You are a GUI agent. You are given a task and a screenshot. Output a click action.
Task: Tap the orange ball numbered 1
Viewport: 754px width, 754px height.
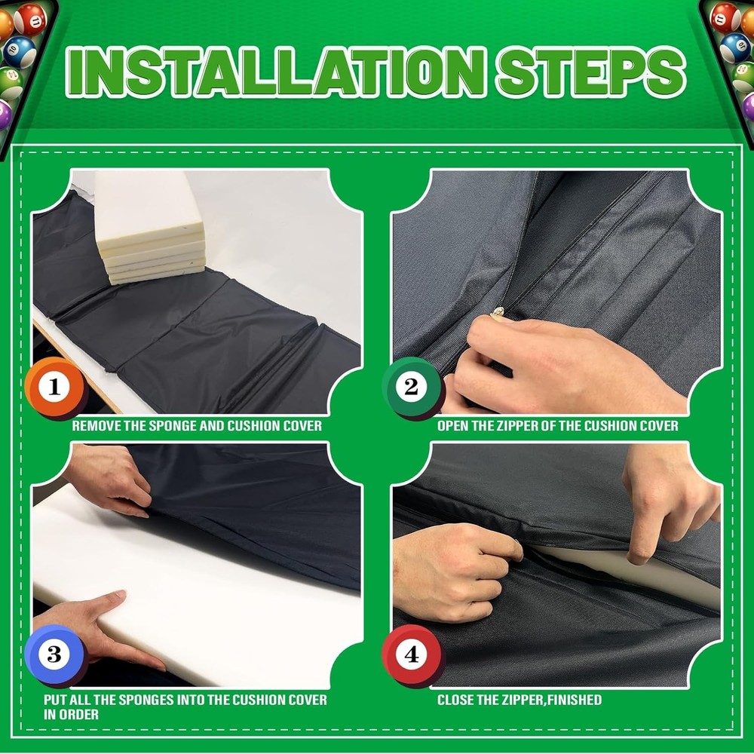pos(54,388)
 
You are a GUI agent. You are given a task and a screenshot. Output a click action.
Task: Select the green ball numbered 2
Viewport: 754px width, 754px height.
pos(411,388)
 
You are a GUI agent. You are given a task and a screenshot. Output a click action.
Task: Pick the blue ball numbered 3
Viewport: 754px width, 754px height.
pos(54,654)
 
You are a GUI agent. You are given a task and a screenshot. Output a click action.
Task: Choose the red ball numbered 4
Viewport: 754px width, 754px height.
pos(411,654)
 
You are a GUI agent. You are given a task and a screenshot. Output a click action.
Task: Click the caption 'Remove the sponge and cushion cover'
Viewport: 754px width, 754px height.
pos(197,426)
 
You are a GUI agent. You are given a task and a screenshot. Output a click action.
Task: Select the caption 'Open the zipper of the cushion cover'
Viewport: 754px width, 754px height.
pos(557,426)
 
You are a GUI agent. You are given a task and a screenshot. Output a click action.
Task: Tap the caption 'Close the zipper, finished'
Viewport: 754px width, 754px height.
pos(520,700)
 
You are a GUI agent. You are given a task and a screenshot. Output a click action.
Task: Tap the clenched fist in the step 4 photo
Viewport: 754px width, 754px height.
pos(452,562)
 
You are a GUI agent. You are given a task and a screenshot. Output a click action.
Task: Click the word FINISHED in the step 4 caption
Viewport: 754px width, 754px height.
pos(574,700)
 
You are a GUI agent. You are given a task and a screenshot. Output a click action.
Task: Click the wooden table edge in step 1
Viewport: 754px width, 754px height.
pos(75,362)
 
